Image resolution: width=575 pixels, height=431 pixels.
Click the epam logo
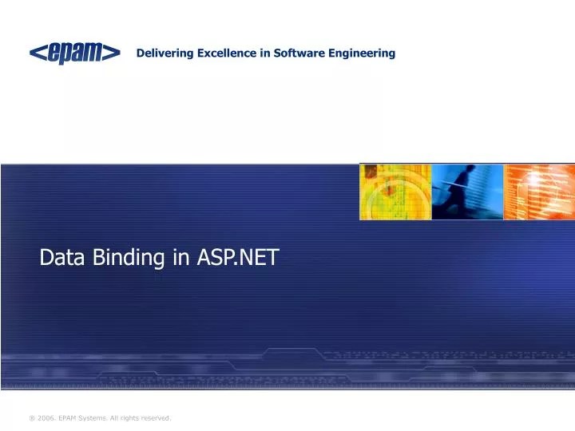tap(75, 53)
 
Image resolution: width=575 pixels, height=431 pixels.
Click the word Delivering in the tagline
tap(162, 53)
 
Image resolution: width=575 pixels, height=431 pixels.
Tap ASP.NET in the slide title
tap(237, 257)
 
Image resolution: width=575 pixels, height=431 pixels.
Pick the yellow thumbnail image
tap(395, 192)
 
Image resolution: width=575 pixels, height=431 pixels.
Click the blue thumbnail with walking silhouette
tap(467, 192)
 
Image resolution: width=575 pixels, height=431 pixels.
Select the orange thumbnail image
tap(539, 192)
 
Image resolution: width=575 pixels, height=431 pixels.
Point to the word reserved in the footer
tap(156, 418)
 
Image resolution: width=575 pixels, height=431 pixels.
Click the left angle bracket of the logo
tap(37, 53)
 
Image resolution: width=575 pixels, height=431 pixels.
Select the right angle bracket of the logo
tap(113, 53)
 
